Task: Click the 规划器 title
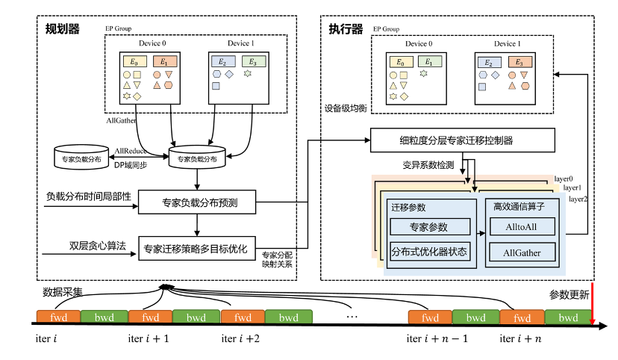pyautogui.click(x=62, y=29)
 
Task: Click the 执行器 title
pyautogui.click(x=346, y=29)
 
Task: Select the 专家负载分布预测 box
pyautogui.click(x=197, y=202)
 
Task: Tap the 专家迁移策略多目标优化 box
pyautogui.click(x=197, y=249)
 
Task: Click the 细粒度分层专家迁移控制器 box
pyautogui.click(x=462, y=140)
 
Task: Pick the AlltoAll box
pyautogui.click(x=522, y=227)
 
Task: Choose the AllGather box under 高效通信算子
pyautogui.click(x=522, y=252)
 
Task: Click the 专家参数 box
pyautogui.click(x=430, y=227)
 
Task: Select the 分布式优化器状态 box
pyautogui.click(x=430, y=252)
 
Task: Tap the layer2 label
pyautogui.click(x=578, y=199)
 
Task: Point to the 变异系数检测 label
pyautogui.click(x=428, y=165)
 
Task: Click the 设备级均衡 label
pyautogui.click(x=346, y=108)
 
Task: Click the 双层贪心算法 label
pyautogui.click(x=97, y=246)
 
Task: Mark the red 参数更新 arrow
pyautogui.click(x=592, y=302)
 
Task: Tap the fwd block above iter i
pyautogui.click(x=58, y=317)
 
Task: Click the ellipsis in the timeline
pyautogui.click(x=352, y=316)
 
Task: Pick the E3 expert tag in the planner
pyautogui.click(x=254, y=61)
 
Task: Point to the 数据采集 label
pyautogui.click(x=62, y=292)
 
